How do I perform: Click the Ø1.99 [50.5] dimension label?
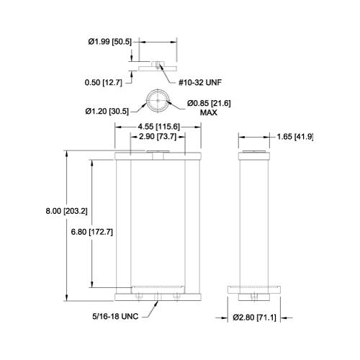(110, 42)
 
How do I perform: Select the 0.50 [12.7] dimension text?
(104, 83)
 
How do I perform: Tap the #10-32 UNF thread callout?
(200, 83)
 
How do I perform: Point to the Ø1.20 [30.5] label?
(107, 112)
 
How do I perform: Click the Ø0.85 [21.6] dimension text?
(209, 104)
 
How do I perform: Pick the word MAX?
(209, 112)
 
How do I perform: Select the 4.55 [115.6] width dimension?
(158, 127)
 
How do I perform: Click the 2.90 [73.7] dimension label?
(158, 137)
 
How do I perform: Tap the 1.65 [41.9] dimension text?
(295, 137)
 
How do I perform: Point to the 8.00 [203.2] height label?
(67, 212)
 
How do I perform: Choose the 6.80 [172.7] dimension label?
(92, 232)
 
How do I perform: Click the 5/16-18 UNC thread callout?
(115, 317)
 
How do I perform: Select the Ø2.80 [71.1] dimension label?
(255, 318)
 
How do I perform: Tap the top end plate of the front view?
(158, 156)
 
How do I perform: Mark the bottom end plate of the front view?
(158, 297)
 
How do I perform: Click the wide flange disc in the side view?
(254, 289)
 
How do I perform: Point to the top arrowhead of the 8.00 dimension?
(67, 153)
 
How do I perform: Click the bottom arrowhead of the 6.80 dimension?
(92, 284)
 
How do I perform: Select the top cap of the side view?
(254, 156)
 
